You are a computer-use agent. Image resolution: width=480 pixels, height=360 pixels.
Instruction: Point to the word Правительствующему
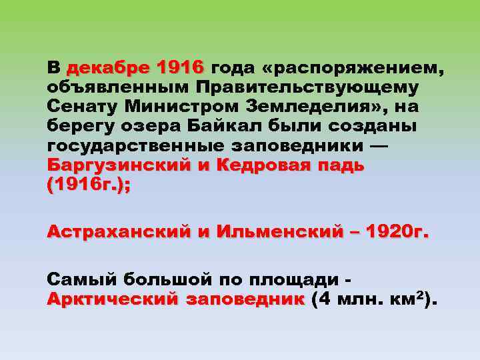point(307,87)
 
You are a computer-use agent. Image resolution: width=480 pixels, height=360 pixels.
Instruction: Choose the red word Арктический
point(112,299)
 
